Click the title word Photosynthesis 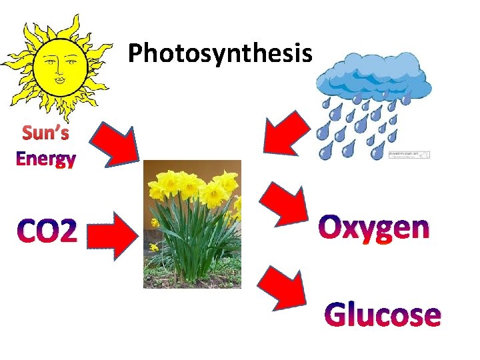(219, 53)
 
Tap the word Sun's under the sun (45, 133)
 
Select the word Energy (45, 159)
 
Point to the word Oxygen (374, 228)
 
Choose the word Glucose (382, 315)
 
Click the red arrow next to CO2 (111, 234)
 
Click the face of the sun (59, 65)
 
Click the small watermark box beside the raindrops (409, 155)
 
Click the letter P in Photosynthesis (135, 53)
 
